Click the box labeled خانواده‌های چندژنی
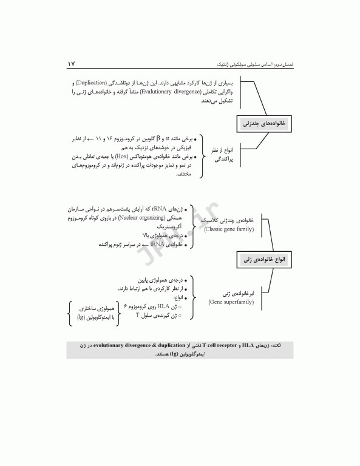click(265, 123)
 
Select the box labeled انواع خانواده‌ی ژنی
click(265, 259)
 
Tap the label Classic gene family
click(228, 230)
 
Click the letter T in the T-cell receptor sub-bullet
click(138, 316)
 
